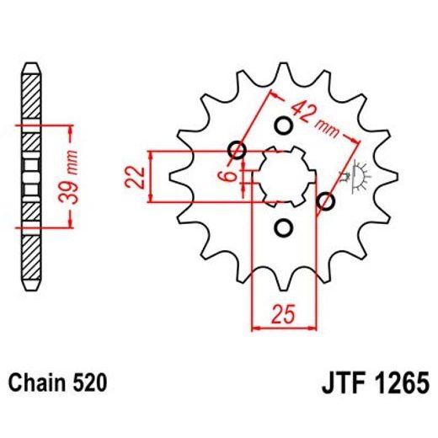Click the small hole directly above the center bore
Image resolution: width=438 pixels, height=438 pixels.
point(284,126)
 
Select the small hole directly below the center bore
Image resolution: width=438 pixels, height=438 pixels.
point(284,227)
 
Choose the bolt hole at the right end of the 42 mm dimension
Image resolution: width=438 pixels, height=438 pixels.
point(327,201)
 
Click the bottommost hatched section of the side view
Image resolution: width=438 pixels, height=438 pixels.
point(29,253)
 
